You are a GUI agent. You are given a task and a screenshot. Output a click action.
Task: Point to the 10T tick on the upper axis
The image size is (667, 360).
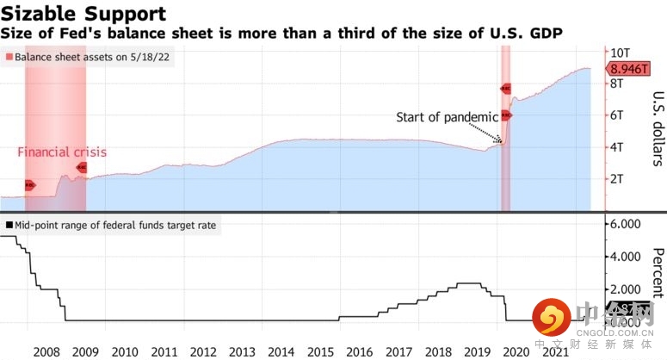(x=622, y=53)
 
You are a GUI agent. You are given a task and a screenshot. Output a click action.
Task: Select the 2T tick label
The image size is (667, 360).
(x=617, y=179)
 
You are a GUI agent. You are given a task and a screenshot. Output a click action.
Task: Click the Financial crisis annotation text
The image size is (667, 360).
(x=62, y=152)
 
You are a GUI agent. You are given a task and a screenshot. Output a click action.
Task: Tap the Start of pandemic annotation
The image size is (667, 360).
(x=447, y=117)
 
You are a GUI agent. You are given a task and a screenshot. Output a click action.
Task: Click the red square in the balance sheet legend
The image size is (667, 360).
(x=8, y=55)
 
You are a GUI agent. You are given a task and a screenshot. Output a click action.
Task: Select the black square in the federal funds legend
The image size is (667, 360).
(x=8, y=225)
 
